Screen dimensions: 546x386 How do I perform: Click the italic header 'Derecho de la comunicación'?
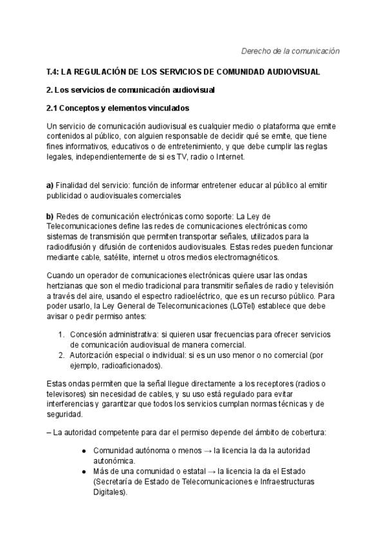coord(290,51)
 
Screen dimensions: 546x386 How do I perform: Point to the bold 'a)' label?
coord(50,185)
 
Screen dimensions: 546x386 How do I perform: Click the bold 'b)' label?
coord(50,216)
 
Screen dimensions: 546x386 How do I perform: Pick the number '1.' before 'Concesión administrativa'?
coord(62,335)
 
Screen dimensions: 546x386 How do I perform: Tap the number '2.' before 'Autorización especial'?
coord(62,355)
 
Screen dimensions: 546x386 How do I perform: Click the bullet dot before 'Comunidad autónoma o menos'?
coord(84,451)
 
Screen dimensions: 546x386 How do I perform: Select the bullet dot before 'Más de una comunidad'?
coord(84,471)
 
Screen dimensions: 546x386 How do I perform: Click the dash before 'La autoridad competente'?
coord(49,431)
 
